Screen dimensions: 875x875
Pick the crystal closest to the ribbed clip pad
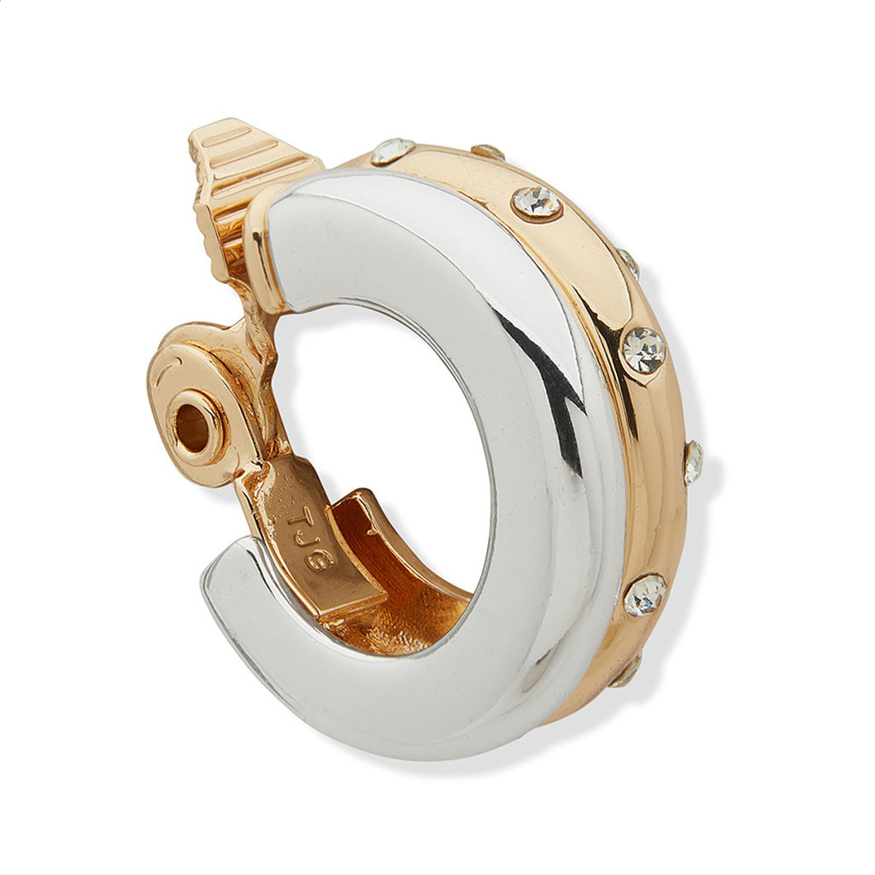(x=392, y=151)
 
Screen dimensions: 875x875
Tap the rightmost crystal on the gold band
(x=693, y=461)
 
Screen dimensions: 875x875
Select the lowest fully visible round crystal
(x=645, y=594)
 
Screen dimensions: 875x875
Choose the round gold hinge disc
(x=191, y=402)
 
